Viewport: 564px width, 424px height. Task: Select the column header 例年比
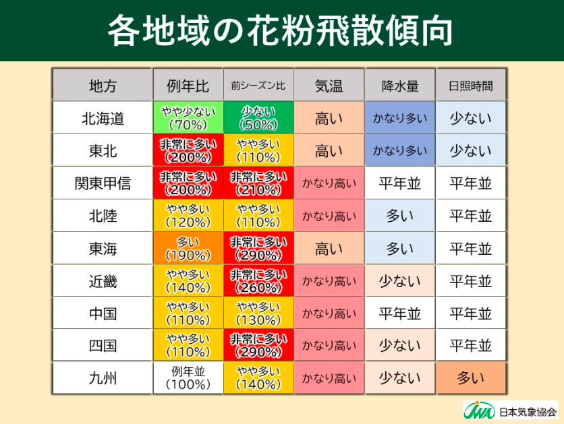[x=188, y=86]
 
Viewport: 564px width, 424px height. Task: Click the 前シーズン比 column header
[x=258, y=86]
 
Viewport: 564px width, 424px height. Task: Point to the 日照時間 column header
[x=471, y=86]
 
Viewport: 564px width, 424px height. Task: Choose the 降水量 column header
[x=400, y=86]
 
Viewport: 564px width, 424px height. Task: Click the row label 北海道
[x=103, y=119]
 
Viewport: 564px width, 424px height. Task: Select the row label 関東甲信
[x=103, y=183]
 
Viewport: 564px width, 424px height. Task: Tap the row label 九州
[x=103, y=379]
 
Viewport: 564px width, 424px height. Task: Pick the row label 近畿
[x=103, y=281]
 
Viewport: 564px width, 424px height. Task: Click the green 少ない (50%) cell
[x=258, y=119]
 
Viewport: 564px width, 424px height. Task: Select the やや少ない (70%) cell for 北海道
[x=188, y=119]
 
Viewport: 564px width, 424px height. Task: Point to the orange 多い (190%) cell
[x=188, y=249]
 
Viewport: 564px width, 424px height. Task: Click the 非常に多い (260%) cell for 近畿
[x=258, y=281]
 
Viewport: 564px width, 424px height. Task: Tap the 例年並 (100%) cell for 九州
[x=188, y=379]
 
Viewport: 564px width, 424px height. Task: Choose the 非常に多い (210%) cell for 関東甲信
[x=258, y=183]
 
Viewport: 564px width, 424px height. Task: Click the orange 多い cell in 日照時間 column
[x=471, y=379]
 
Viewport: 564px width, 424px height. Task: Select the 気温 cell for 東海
[x=329, y=249]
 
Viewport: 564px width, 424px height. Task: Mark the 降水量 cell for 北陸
[x=400, y=216]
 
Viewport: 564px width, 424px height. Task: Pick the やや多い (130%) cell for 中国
[x=258, y=313]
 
